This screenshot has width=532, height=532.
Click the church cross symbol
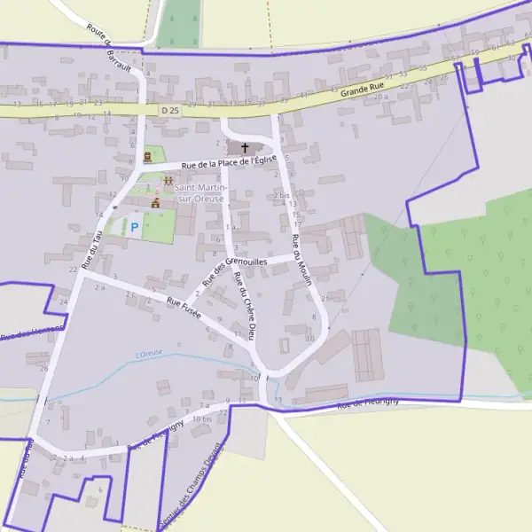pyautogui.click(x=245, y=147)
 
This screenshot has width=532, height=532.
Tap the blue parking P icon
pyautogui.click(x=135, y=228)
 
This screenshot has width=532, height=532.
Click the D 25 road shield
pyautogui.click(x=170, y=109)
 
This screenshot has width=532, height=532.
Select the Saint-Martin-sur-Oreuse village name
pyautogui.click(x=200, y=193)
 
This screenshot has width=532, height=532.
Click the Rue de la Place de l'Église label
pyautogui.click(x=229, y=161)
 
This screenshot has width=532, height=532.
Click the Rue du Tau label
pyautogui.click(x=92, y=250)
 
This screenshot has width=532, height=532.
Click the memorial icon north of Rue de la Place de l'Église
pyautogui.click(x=147, y=156)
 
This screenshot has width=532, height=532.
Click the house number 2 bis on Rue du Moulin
pyautogui.click(x=282, y=194)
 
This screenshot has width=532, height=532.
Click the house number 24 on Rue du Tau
pyautogui.click(x=62, y=301)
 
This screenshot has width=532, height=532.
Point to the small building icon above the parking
pyautogui.click(x=155, y=203)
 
